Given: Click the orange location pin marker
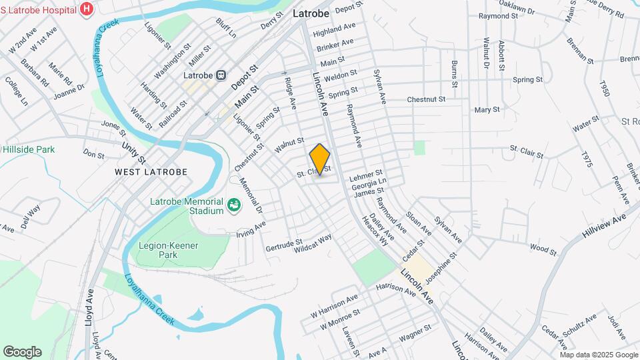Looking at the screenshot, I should [320, 159].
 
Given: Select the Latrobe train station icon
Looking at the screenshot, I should [220, 75].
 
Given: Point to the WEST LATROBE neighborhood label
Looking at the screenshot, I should [151, 171].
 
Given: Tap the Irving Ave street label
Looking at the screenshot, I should [251, 229].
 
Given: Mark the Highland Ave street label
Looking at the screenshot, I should [334, 30].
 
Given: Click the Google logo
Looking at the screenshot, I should [23, 351].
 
